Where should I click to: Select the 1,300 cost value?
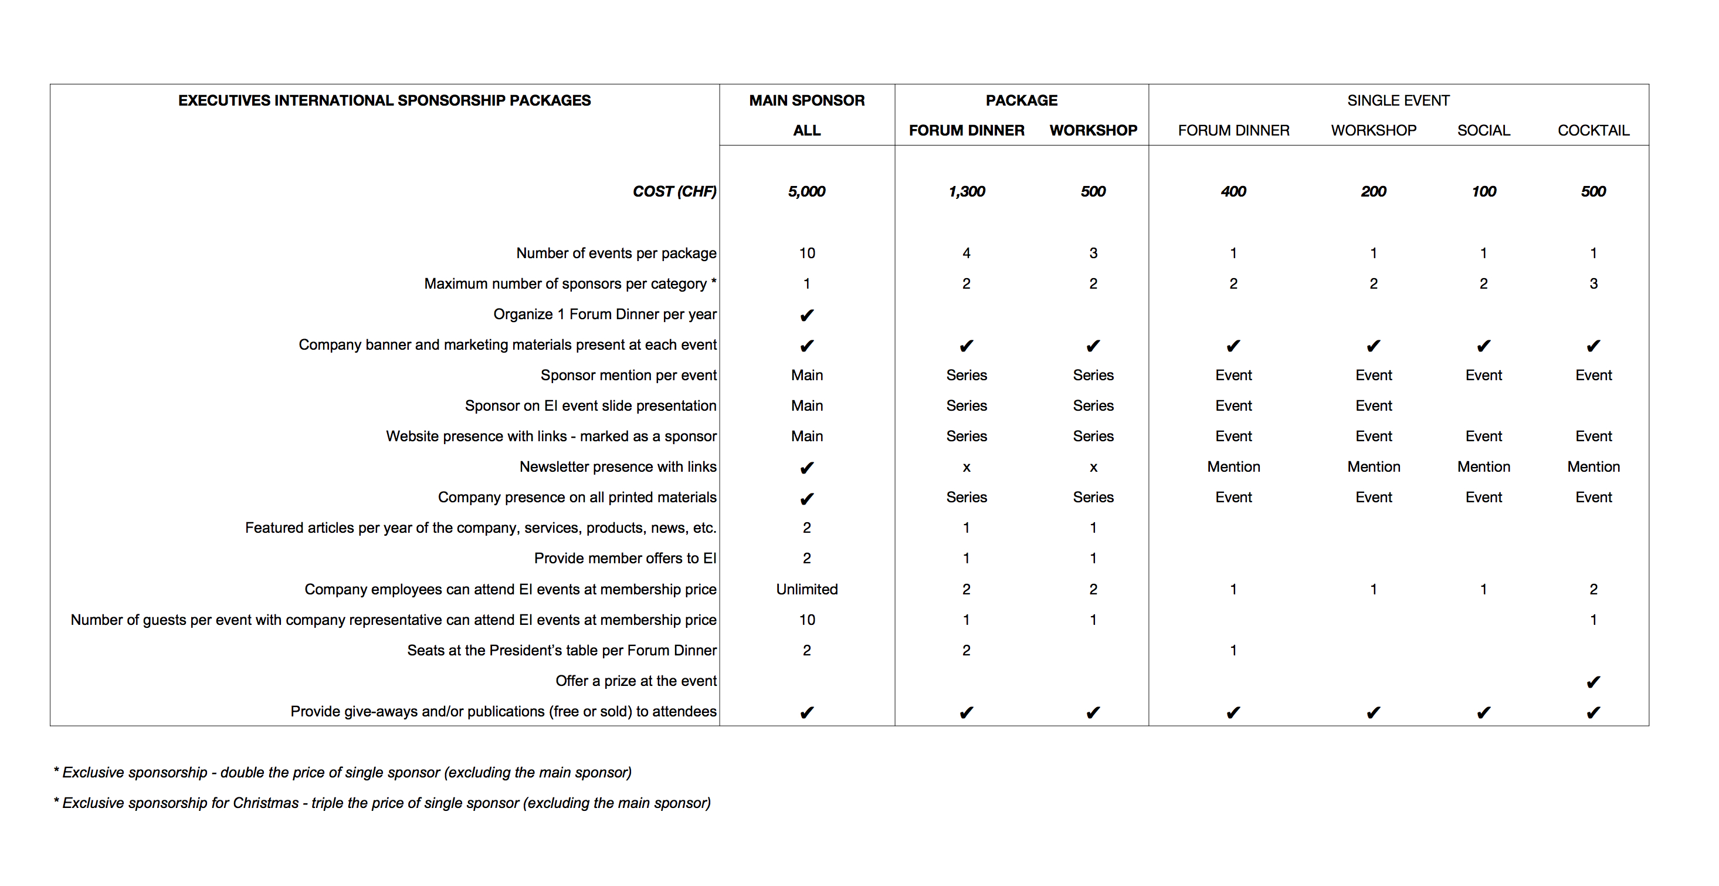pos(967,192)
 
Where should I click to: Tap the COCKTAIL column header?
pos(1593,130)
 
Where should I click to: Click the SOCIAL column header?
pos(1483,130)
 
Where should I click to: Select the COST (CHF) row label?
pos(674,192)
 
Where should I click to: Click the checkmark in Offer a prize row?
pos(1593,682)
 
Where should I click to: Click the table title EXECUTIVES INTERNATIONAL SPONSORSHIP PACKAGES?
pos(384,100)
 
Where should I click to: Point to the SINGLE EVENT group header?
pos(1398,100)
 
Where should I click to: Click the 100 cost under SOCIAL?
pos(1483,192)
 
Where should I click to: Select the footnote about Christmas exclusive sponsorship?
pos(382,803)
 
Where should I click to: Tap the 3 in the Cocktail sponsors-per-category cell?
pos(1593,284)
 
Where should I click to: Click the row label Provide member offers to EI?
pos(625,558)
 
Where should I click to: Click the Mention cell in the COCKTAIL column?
pos(1593,466)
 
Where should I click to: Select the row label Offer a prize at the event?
pos(635,681)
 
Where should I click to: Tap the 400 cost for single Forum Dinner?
pos(1233,192)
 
